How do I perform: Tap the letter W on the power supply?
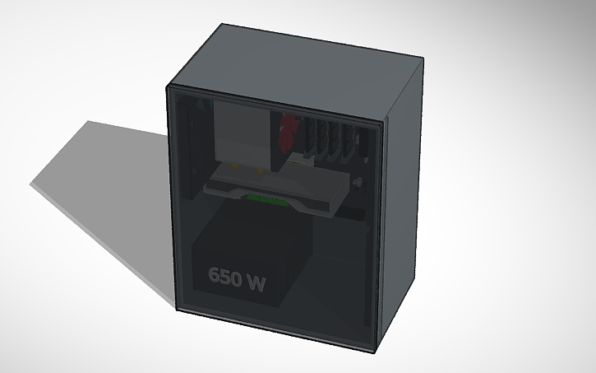click(255, 282)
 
